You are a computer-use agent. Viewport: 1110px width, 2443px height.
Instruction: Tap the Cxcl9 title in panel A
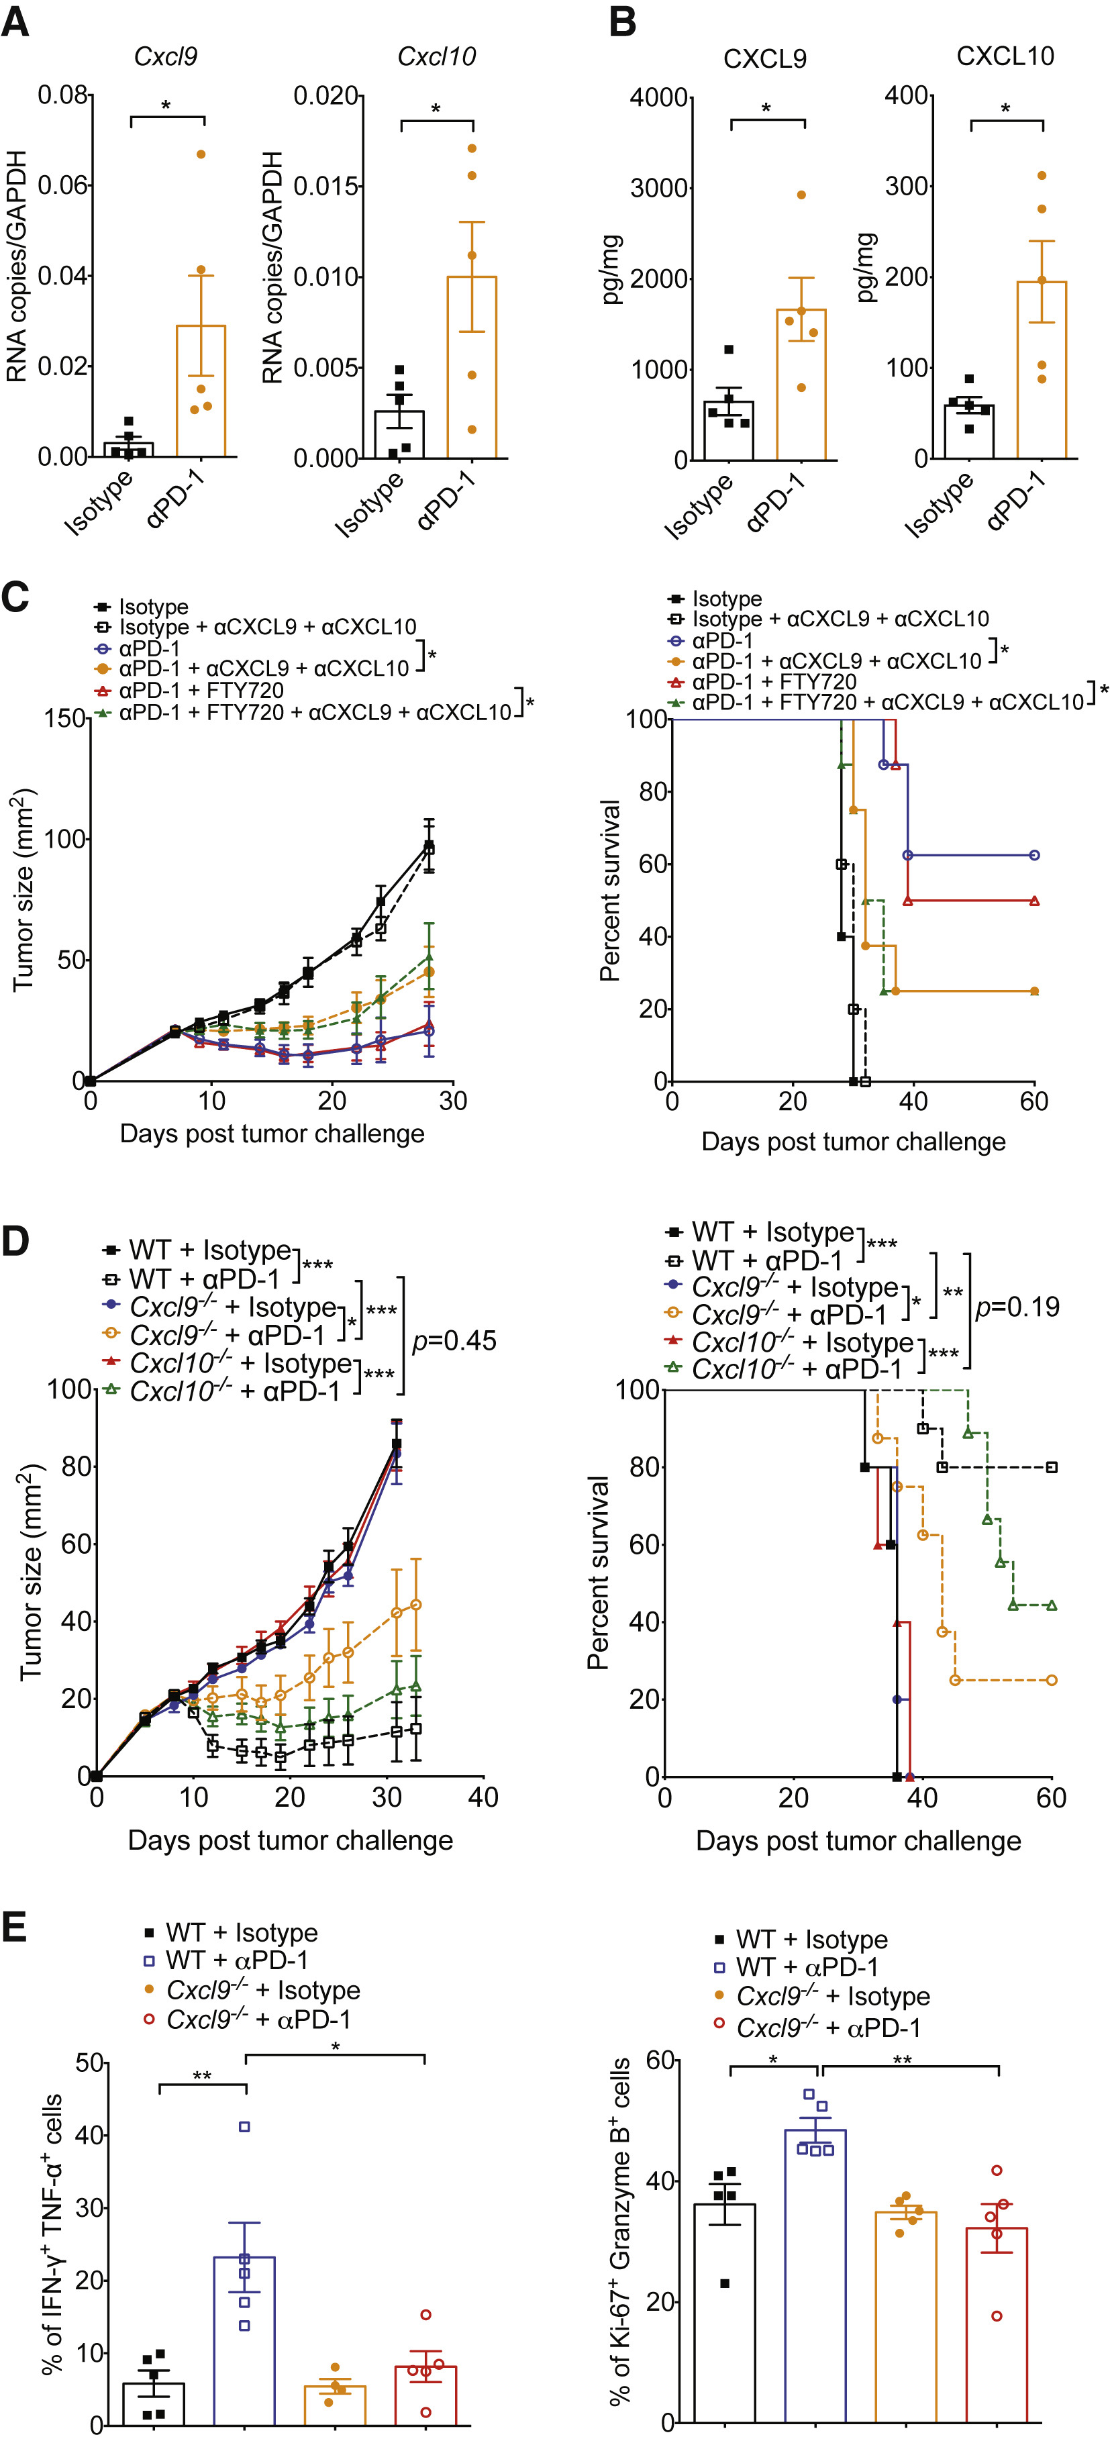click(166, 57)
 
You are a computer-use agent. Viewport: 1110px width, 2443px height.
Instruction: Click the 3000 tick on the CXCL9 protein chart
click(660, 189)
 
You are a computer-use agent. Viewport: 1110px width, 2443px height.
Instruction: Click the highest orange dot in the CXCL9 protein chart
click(801, 195)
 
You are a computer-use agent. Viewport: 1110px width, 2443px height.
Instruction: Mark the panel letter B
click(623, 21)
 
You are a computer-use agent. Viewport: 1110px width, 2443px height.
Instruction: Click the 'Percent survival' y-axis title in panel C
click(609, 891)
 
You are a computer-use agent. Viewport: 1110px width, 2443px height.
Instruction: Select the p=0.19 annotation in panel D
click(1017, 1307)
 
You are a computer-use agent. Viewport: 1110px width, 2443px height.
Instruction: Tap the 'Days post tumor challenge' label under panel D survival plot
click(858, 1841)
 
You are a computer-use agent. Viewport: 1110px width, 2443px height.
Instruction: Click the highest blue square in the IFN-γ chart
click(244, 2127)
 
